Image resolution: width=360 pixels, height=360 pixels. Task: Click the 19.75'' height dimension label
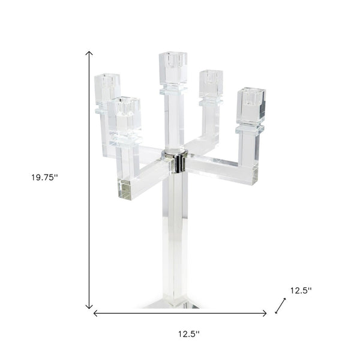click(44, 177)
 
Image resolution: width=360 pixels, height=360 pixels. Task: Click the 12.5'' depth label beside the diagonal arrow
click(301, 290)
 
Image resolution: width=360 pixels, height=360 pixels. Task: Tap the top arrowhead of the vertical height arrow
click(90, 54)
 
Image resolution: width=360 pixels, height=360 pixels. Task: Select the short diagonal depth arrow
click(280, 306)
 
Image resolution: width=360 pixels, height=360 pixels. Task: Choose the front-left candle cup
click(125, 111)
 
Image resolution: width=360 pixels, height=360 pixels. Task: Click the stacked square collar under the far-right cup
click(250, 128)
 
